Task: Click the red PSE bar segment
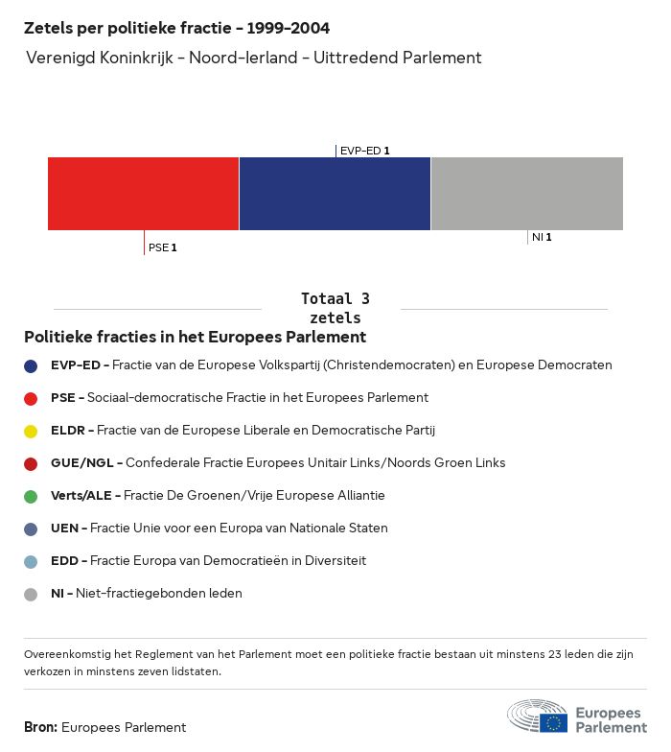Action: (x=144, y=194)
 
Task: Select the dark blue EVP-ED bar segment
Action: (x=335, y=194)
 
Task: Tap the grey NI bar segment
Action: (x=527, y=194)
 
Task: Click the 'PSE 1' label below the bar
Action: (x=163, y=247)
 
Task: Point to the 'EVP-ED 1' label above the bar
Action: (x=364, y=151)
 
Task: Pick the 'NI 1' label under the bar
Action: (x=542, y=237)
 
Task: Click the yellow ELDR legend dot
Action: (x=31, y=432)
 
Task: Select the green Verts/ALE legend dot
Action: (x=31, y=497)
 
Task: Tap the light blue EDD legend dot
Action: (x=31, y=562)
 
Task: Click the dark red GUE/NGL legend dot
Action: (x=31, y=464)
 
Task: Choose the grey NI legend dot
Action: (x=31, y=595)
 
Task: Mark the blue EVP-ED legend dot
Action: (x=31, y=366)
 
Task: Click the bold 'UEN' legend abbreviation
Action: (x=65, y=528)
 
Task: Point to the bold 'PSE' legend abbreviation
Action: (x=63, y=397)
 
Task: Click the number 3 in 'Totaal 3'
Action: (x=365, y=299)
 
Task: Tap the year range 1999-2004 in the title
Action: (x=288, y=29)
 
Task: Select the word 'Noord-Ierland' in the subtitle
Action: (x=243, y=58)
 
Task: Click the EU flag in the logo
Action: (x=554, y=723)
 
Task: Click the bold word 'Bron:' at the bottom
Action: (x=40, y=727)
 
